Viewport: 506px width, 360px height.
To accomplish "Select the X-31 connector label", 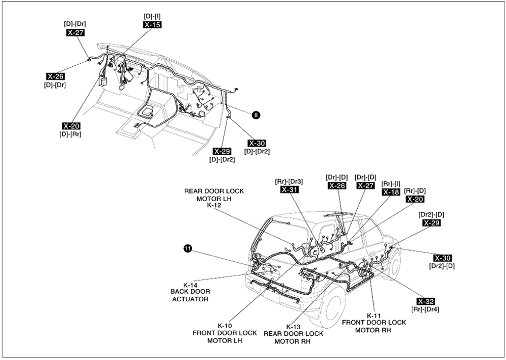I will point(289,190).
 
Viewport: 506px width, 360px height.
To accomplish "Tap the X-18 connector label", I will point(391,192).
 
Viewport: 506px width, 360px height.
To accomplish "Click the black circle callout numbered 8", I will point(256,115).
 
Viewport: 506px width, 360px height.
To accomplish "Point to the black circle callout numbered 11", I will point(188,248).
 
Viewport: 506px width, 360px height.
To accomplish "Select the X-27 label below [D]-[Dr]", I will point(75,32).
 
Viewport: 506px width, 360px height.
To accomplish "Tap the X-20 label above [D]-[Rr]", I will point(71,126).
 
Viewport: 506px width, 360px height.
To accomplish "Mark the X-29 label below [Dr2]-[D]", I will point(432,223).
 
